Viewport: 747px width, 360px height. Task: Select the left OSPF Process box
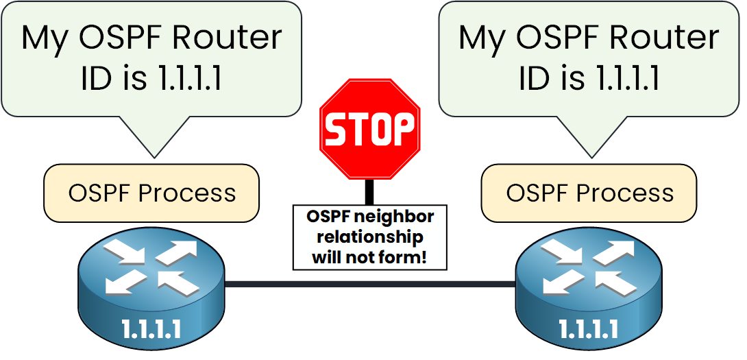(x=151, y=193)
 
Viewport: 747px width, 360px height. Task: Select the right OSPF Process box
(x=589, y=193)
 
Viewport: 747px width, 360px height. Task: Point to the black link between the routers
(x=370, y=284)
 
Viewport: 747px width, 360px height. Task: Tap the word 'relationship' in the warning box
(x=369, y=238)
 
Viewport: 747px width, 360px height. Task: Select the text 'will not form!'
(x=369, y=259)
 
